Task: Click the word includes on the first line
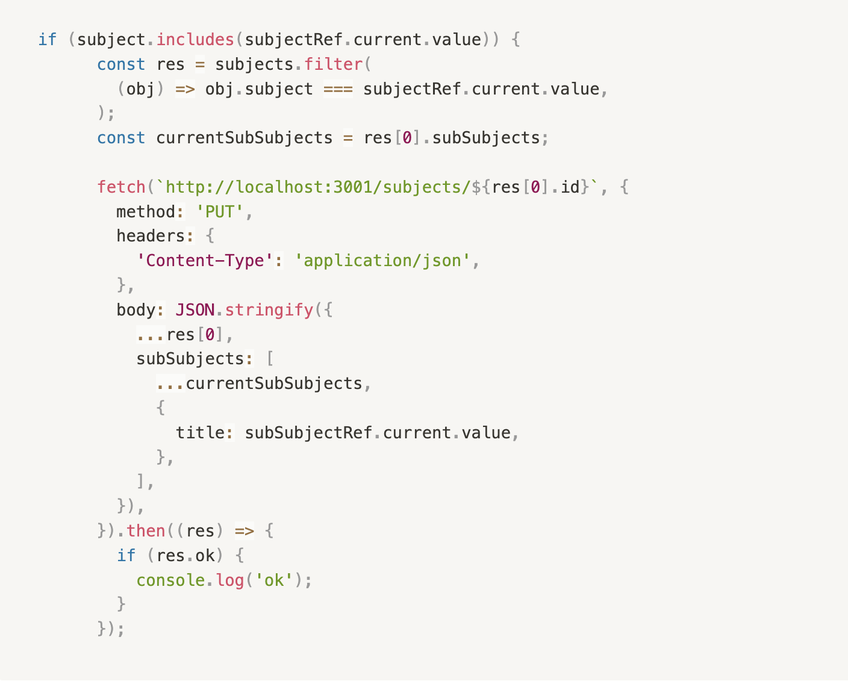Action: pyautogui.click(x=195, y=40)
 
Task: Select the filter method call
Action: pyautogui.click(x=333, y=64)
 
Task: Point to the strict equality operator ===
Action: pyautogui.click(x=338, y=89)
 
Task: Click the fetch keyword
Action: pyautogui.click(x=121, y=187)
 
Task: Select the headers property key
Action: pyautogui.click(x=151, y=236)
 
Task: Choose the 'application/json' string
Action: pyautogui.click(x=382, y=261)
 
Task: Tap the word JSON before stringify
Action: pyautogui.click(x=195, y=310)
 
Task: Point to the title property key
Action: pyautogui.click(x=200, y=433)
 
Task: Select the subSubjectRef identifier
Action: pyautogui.click(x=308, y=433)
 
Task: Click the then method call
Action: pyautogui.click(x=146, y=531)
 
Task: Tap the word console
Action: pyautogui.click(x=170, y=580)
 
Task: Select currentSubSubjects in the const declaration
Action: pyautogui.click(x=244, y=138)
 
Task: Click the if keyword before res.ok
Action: pyautogui.click(x=126, y=556)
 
